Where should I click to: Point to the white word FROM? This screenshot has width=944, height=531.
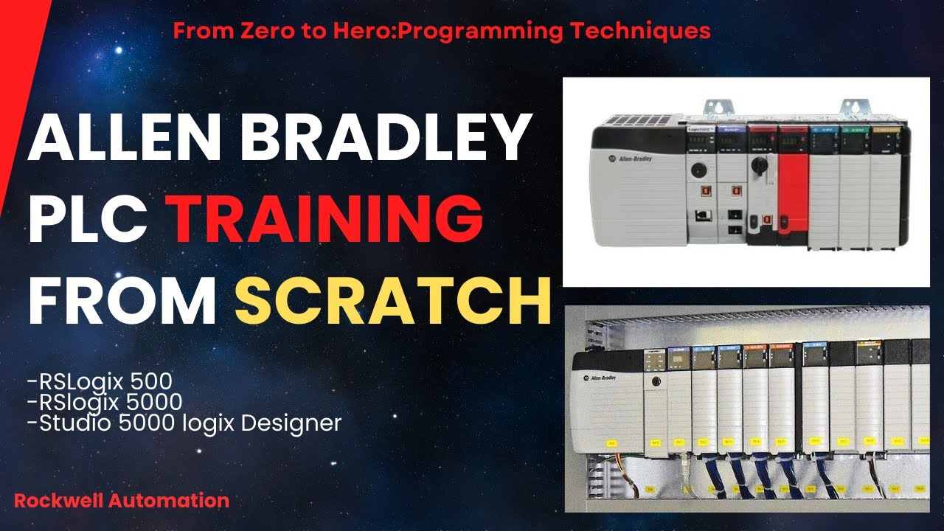point(122,301)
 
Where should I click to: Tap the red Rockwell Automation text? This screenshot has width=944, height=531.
point(122,500)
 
